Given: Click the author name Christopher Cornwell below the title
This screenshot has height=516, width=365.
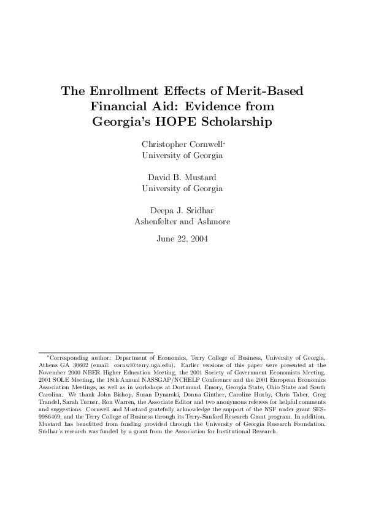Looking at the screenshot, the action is [182, 145].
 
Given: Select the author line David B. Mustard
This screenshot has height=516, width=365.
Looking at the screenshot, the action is [182, 177].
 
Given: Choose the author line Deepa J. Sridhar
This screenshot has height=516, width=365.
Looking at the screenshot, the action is [182, 210].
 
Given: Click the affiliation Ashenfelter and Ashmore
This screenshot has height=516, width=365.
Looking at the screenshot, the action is [182, 221].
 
